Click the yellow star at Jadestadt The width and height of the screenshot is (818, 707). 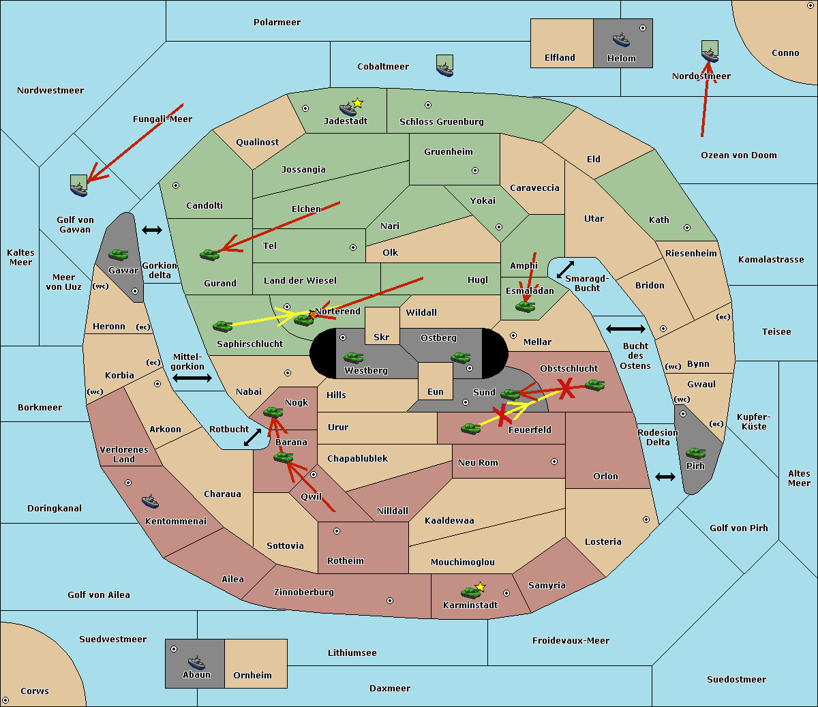point(357,103)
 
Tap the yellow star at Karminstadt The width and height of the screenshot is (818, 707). point(480,587)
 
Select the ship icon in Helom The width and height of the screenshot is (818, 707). point(621,40)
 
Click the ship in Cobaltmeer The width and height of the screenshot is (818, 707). point(444,67)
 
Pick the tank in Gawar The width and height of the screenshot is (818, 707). point(118,255)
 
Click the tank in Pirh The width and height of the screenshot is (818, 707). point(696,453)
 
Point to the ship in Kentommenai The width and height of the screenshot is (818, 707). point(151,502)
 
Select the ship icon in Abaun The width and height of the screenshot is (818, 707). point(196,662)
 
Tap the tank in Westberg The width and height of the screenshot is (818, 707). point(353,358)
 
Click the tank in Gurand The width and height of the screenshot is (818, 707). point(210,254)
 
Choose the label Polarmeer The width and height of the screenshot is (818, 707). point(277,22)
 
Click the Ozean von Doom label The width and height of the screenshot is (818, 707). point(739,155)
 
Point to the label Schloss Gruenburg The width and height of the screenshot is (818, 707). point(441,122)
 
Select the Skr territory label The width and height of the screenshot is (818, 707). point(382,337)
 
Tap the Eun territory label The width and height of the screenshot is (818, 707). point(436,392)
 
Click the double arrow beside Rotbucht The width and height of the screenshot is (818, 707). point(252,437)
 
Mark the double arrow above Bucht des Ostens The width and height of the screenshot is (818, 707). point(625,329)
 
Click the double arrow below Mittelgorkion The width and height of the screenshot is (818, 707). point(192,378)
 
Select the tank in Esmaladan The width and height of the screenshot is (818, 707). point(525,307)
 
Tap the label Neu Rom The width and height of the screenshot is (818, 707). point(478,463)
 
